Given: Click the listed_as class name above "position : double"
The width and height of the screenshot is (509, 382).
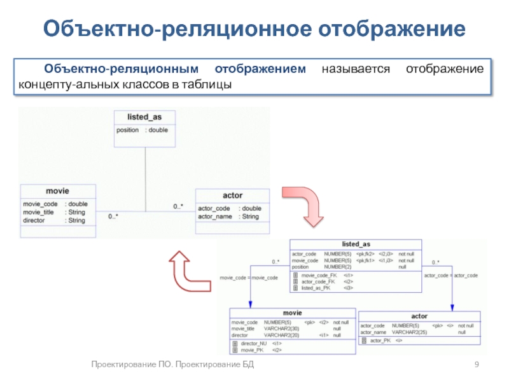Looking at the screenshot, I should click(144, 117).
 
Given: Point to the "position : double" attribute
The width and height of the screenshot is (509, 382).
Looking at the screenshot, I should click(142, 130).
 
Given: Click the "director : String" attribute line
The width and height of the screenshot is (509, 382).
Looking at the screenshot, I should click(53, 220).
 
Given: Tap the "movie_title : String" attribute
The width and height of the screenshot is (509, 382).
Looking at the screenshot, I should click(53, 212).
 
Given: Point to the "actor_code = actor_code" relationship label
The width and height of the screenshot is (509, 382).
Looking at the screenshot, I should click(450, 275).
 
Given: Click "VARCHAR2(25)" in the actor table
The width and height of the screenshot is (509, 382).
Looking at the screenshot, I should click(410, 332).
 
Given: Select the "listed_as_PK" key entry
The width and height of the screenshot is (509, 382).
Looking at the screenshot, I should click(316, 288).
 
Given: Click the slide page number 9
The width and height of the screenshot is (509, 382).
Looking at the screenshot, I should click(476, 364).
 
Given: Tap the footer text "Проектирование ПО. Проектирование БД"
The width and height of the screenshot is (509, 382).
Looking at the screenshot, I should click(172, 364).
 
